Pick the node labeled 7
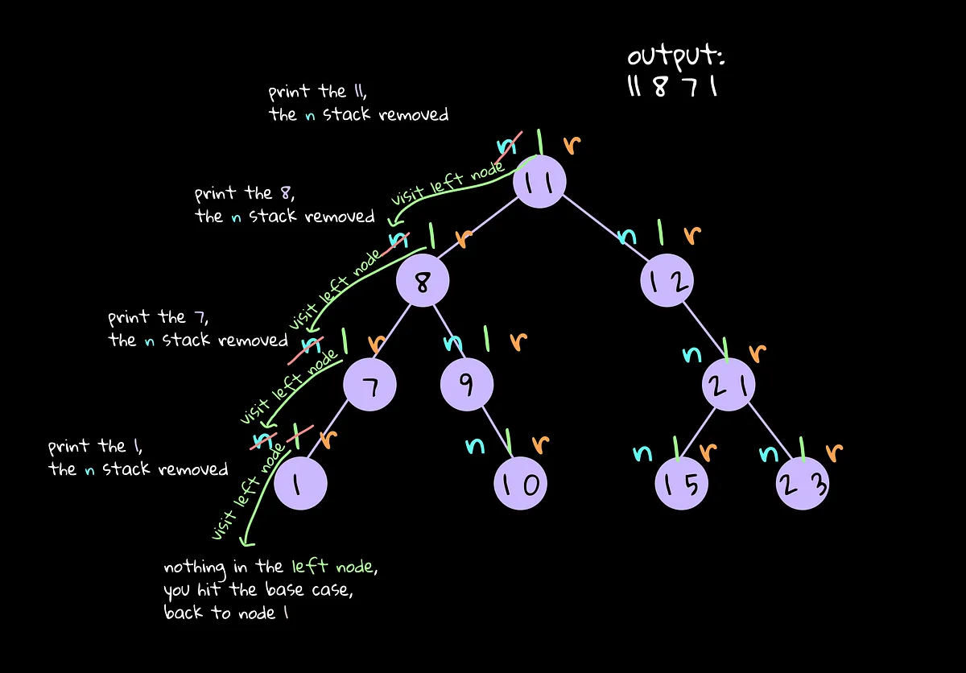pos(369,386)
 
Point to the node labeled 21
pos(729,387)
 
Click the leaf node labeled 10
pos(519,483)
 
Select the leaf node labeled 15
pos(681,484)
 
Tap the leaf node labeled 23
pos(802,484)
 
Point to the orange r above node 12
pos(692,235)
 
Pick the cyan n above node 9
pos(454,341)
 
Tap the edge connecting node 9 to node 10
pos(493,435)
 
